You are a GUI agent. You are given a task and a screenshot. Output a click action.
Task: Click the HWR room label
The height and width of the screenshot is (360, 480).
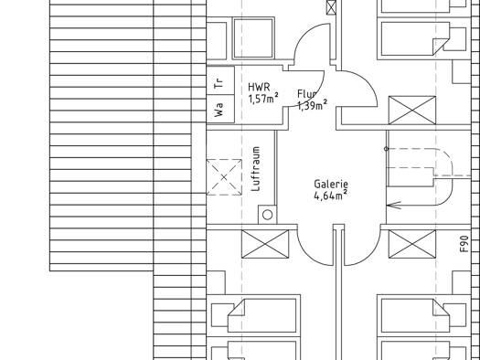[x=259, y=87]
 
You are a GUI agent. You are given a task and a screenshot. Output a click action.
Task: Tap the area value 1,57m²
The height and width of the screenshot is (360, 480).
[x=263, y=99]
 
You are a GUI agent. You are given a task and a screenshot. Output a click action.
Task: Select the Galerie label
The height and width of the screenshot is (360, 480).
[x=331, y=185]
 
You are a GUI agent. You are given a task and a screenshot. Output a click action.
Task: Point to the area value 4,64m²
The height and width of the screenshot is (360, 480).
[x=331, y=195]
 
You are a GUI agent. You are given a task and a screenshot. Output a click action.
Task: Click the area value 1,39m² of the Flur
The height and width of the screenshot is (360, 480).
[x=312, y=105]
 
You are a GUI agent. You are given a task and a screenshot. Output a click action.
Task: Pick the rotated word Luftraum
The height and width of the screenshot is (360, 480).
[x=256, y=169]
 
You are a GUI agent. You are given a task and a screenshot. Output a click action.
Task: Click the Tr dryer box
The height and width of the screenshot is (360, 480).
[x=220, y=80]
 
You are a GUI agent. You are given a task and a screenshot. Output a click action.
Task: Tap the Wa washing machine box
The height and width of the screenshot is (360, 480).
[x=220, y=110]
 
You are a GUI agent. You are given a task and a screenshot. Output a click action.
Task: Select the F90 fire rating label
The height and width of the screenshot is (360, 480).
[x=464, y=244]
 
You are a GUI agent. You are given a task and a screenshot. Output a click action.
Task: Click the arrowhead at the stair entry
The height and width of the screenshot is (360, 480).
[x=394, y=206]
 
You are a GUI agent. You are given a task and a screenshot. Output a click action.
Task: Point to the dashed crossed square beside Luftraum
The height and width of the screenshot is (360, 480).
[x=224, y=177]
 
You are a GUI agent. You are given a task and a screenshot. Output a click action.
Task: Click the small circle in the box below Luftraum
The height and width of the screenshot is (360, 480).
[x=268, y=215]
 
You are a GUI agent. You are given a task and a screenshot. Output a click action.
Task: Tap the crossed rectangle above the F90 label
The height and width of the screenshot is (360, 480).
[x=412, y=111]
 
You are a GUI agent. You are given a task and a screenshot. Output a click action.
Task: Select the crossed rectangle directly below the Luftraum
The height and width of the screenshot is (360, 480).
[x=265, y=244]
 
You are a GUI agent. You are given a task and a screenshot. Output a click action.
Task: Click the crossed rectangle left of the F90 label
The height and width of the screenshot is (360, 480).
[x=412, y=244]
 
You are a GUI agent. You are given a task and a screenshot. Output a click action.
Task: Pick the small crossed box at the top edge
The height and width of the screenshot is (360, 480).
[x=331, y=7]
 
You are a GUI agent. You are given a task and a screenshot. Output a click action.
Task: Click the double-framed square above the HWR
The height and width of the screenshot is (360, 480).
[x=253, y=38]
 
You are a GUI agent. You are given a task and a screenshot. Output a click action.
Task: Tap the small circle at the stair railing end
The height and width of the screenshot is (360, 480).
[x=387, y=149]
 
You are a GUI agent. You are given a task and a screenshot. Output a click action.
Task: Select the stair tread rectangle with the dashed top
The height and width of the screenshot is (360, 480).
[x=411, y=176]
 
